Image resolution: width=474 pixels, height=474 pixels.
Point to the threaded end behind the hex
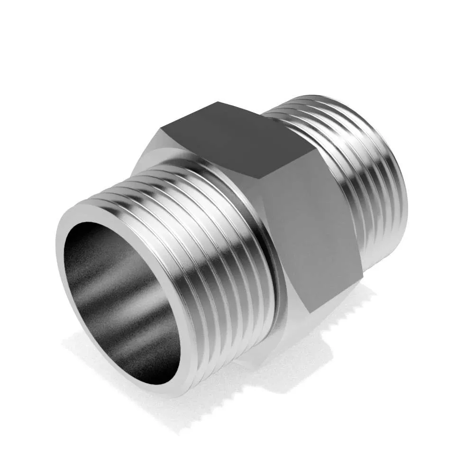pos(360,166)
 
